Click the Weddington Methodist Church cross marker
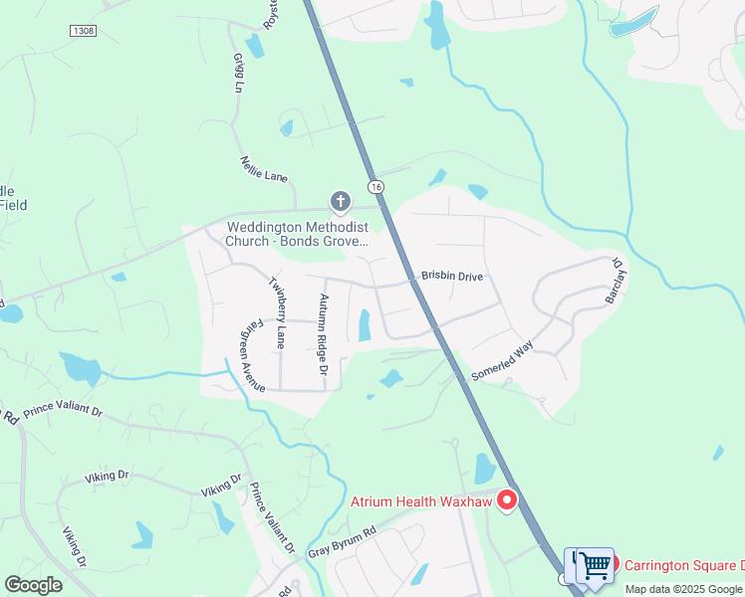click(341, 203)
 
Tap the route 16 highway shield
click(374, 187)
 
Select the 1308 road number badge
click(84, 31)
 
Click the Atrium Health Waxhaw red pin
click(507, 499)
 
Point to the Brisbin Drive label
click(451, 275)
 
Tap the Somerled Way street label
click(502, 361)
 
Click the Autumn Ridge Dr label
click(323, 333)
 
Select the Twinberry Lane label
click(278, 311)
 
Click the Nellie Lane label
click(264, 169)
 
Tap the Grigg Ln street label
click(238, 73)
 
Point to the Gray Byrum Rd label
click(341, 542)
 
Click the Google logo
click(34, 584)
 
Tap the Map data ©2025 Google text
click(683, 589)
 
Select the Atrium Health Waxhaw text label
click(420, 501)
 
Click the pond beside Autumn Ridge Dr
click(364, 324)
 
